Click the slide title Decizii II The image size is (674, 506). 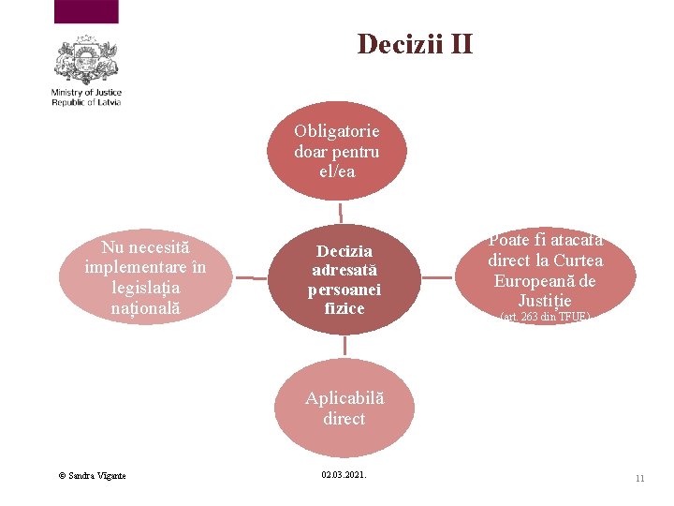pos(415,44)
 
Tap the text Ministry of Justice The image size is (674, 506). pos(86,93)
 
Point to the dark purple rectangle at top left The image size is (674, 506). pos(87,11)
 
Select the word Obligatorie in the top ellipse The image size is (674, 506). pos(337,131)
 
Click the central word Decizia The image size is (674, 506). pos(344,251)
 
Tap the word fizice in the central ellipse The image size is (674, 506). pos(344,307)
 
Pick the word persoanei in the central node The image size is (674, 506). pos(344,289)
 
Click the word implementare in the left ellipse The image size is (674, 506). pos(145,267)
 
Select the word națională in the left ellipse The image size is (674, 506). pos(145,306)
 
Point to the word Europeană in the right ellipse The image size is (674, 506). pos(544,281)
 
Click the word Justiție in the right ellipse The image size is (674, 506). pos(544,301)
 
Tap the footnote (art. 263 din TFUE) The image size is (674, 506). pos(544,317)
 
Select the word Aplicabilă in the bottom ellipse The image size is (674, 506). pos(344,398)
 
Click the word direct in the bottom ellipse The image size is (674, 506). pos(344,418)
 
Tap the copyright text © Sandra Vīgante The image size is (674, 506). pos(92,476)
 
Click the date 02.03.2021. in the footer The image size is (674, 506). pos(344,475)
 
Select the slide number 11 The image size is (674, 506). pos(639,478)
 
